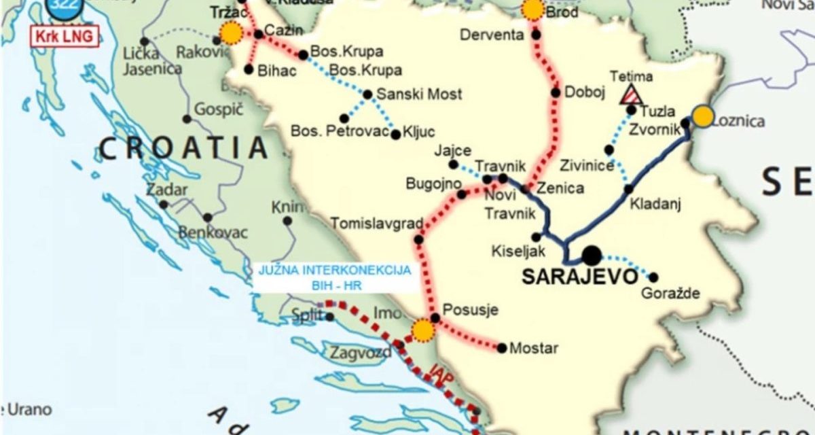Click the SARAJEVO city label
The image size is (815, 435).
(580, 277)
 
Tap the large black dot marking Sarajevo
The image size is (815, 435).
(591, 256)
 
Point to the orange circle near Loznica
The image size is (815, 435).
(704, 116)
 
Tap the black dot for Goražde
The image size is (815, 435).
(653, 277)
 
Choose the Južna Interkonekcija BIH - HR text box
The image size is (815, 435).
(335, 277)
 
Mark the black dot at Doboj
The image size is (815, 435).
(556, 93)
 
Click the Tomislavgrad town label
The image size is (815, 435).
(377, 223)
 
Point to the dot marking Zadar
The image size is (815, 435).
(164, 204)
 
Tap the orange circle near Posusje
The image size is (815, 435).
(423, 330)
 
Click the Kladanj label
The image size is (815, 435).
(655, 203)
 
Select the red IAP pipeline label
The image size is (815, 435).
(439, 372)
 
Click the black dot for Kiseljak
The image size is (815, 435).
(536, 237)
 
